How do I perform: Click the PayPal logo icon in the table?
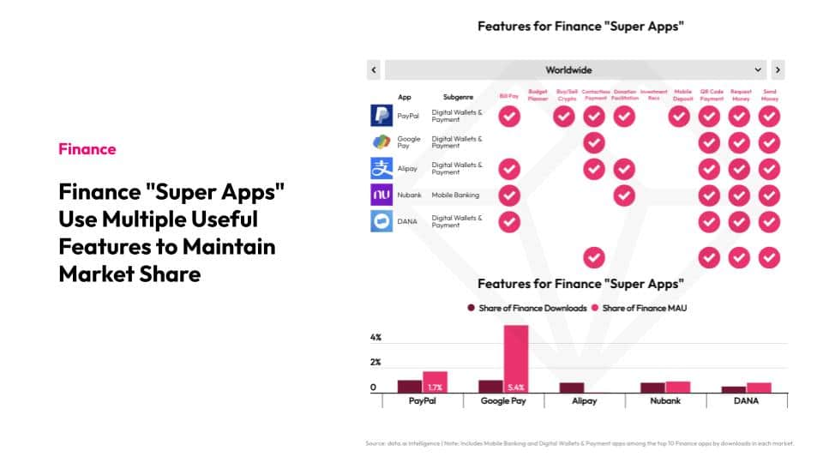pos(381,116)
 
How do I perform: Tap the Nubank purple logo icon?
pos(381,195)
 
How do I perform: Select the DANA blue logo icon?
pos(381,221)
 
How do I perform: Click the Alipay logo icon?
pos(381,169)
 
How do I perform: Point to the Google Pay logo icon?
pos(381,142)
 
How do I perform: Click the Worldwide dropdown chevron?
pos(759,70)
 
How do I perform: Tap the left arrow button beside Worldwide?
pos(374,70)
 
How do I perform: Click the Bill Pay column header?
pos(509,96)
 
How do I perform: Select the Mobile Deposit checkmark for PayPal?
pos(680,117)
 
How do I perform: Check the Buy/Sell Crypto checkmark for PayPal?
pos(564,117)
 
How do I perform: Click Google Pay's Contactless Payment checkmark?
pos(594,142)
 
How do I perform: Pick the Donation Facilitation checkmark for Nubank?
pos(625,195)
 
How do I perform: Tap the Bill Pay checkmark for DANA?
pos(509,222)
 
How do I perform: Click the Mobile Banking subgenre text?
pos(455,195)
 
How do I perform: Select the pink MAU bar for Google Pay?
pos(516,358)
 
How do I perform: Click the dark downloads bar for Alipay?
pos(572,388)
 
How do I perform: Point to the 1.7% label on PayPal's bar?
pos(436,388)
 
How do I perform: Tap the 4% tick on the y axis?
pos(375,338)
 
